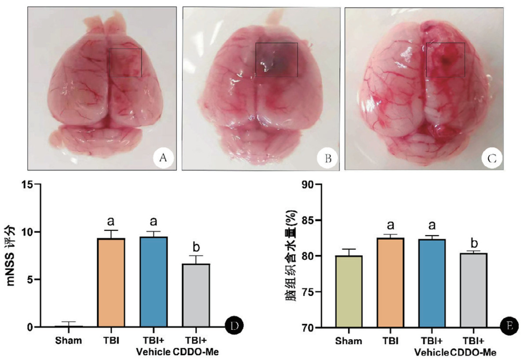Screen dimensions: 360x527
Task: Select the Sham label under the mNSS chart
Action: (68, 340)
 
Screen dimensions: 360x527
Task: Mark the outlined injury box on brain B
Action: (276, 59)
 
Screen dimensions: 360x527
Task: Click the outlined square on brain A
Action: (125, 63)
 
